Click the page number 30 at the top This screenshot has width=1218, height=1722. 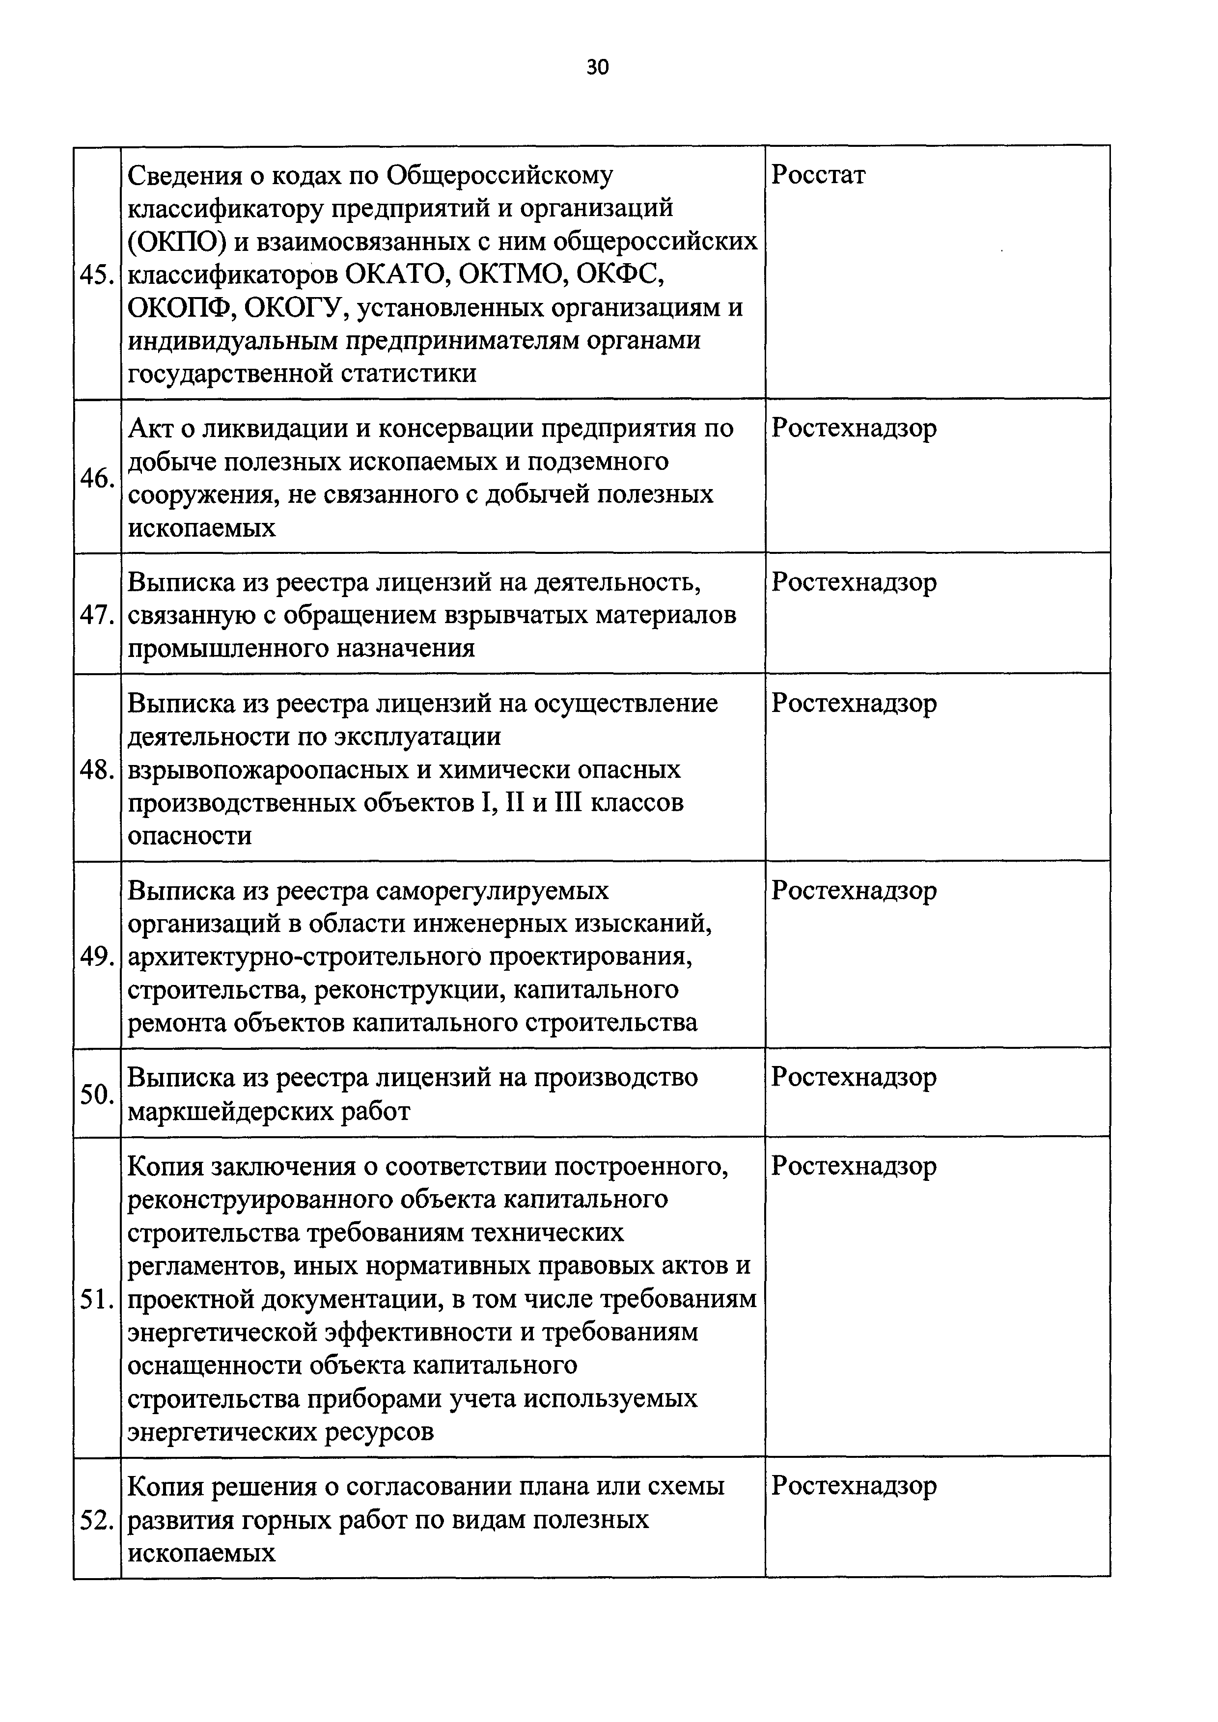point(597,67)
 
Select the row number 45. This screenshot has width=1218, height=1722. point(97,275)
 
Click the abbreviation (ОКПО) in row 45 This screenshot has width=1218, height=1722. point(173,242)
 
